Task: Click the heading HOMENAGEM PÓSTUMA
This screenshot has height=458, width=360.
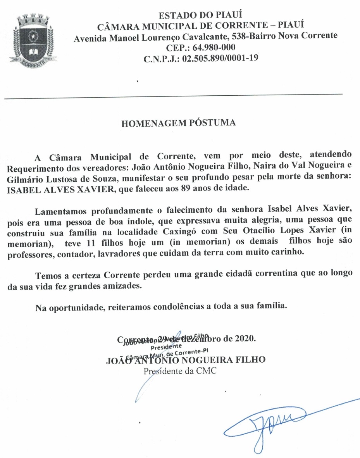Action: click(x=179, y=123)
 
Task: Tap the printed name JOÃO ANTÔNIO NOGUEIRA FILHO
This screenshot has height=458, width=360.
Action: click(x=186, y=360)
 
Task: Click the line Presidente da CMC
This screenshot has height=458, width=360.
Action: click(x=180, y=371)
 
